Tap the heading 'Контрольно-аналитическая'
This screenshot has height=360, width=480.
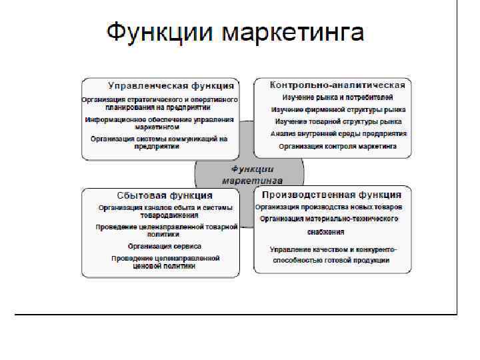point(337,85)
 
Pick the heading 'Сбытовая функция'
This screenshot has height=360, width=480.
point(164,195)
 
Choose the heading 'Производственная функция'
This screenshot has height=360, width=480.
point(331,195)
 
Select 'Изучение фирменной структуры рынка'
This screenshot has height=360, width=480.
point(338,109)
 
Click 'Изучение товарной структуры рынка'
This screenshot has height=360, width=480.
point(338,121)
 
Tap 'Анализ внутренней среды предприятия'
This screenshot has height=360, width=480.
point(338,133)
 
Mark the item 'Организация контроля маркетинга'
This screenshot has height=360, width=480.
point(337,145)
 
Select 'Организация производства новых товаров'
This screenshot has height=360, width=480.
point(333,207)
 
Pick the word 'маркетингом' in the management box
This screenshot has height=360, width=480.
point(157,126)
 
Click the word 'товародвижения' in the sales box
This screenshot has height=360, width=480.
point(169,215)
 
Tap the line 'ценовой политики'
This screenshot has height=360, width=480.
point(164,265)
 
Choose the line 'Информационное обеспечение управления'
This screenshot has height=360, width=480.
point(159,119)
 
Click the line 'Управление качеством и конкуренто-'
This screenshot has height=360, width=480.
point(333,249)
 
